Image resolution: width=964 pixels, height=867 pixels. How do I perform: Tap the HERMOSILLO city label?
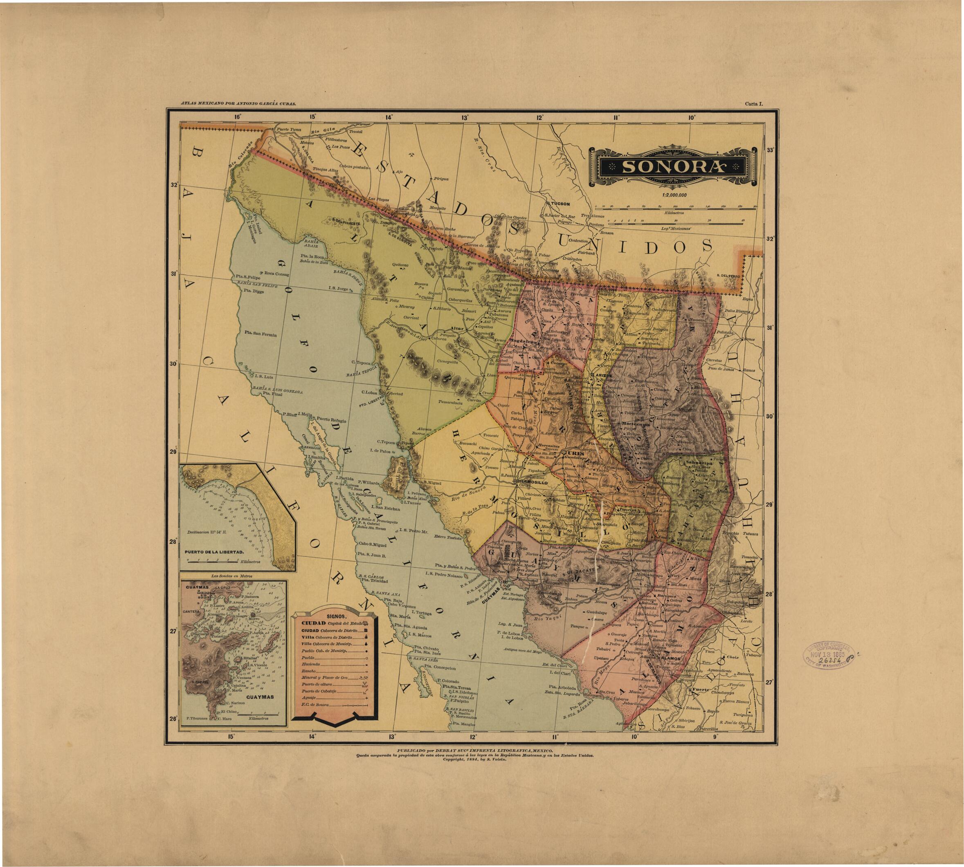[x=533, y=482]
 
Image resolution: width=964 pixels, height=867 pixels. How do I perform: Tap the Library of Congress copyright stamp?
[x=828, y=656]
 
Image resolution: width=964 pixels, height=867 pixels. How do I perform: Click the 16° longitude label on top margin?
[x=237, y=116]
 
